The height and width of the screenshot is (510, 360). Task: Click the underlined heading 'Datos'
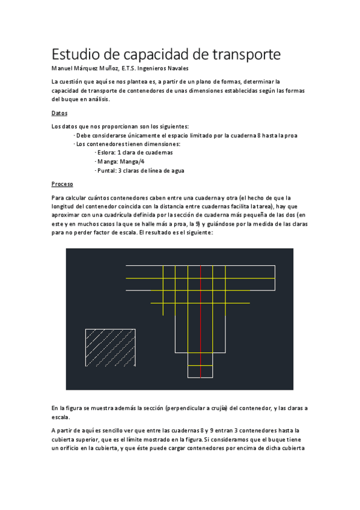[x=59, y=113]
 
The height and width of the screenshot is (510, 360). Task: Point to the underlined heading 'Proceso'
[x=62, y=184]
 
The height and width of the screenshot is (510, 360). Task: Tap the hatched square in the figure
[x=110, y=348]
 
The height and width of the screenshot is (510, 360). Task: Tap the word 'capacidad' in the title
[x=152, y=55]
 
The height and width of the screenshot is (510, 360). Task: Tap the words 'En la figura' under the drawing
[x=68, y=408]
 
